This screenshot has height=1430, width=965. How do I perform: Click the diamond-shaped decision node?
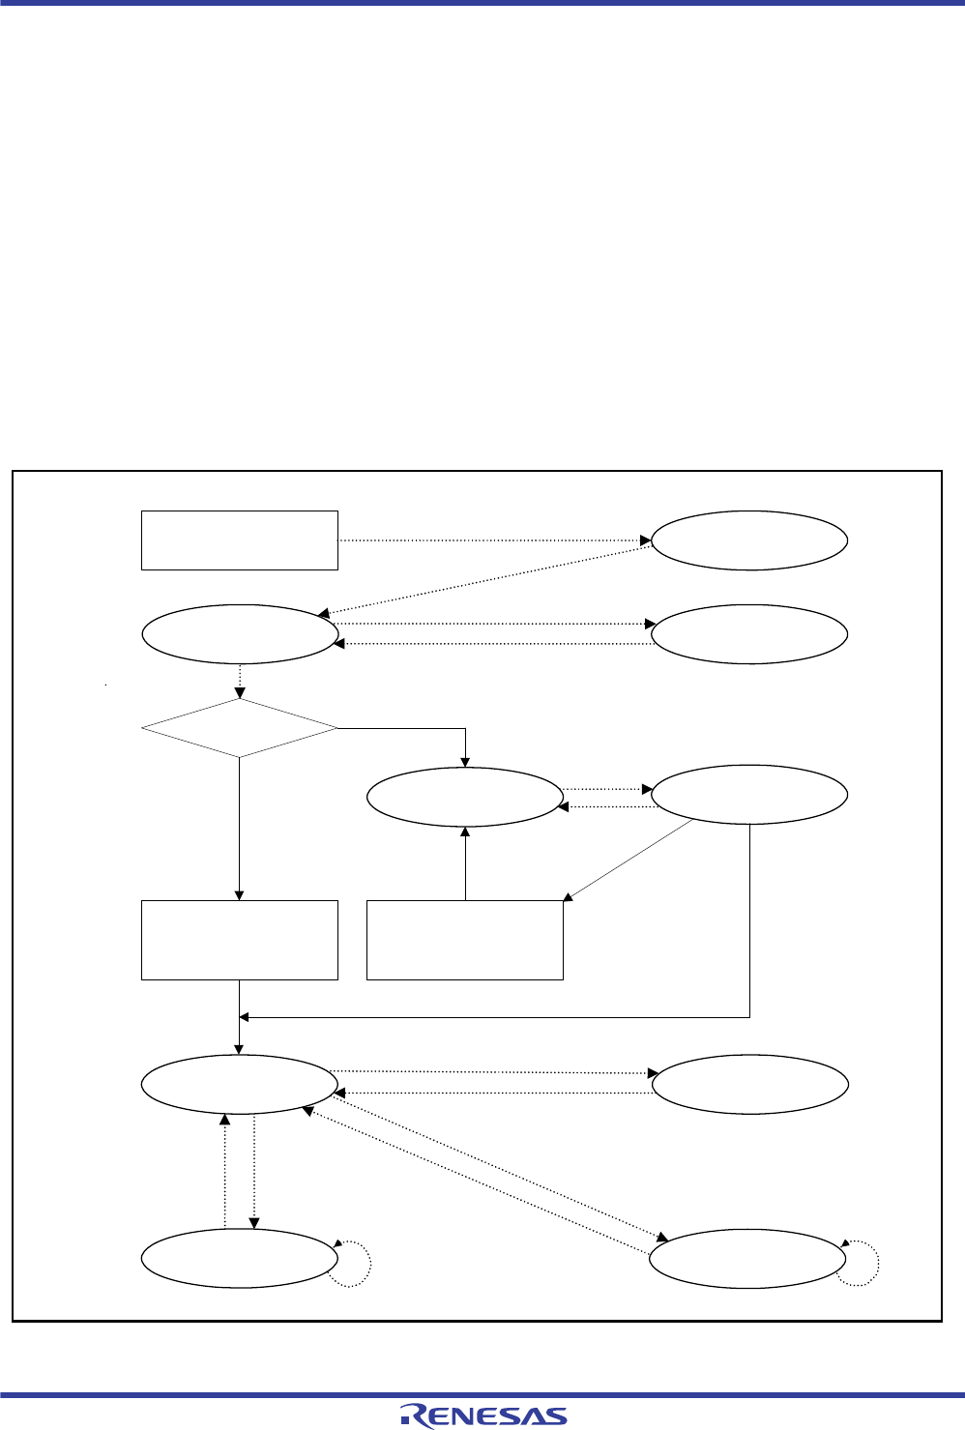pos(239,728)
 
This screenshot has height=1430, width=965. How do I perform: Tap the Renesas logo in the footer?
pos(483,1415)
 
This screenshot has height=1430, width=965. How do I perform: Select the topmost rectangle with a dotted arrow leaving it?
pos(239,540)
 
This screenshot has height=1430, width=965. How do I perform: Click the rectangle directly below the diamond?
pos(239,940)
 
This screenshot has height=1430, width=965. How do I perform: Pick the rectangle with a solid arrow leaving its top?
pos(465,940)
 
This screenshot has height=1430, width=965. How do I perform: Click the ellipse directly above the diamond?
pos(239,634)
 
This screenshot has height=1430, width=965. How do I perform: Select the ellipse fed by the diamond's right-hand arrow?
pos(465,797)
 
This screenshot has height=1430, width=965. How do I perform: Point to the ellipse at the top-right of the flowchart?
pos(749,540)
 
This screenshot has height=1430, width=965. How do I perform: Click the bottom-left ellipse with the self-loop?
pos(239,1258)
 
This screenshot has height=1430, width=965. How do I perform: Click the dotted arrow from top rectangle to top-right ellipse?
pos(493,540)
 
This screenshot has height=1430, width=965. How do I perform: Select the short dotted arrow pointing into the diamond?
pos(239,681)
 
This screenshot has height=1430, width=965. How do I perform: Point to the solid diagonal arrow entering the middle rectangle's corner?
pos(629,861)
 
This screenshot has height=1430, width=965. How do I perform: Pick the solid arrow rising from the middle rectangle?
pos(465,862)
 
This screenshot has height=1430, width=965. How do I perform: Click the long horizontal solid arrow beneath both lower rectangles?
pos(493,1017)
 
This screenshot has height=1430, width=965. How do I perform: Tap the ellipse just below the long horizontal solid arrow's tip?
pos(239,1084)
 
